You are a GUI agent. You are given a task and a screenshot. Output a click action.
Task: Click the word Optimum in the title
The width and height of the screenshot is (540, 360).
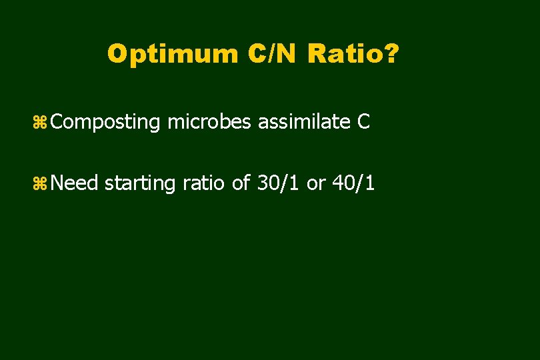click(x=173, y=54)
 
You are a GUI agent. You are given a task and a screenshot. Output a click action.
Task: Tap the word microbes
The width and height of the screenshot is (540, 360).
click(x=211, y=122)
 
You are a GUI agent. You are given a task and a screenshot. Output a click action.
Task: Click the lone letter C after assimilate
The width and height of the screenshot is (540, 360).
click(x=363, y=122)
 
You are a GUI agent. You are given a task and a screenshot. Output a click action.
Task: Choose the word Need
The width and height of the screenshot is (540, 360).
click(x=75, y=183)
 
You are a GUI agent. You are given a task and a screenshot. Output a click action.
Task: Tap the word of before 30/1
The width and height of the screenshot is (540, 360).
click(x=241, y=183)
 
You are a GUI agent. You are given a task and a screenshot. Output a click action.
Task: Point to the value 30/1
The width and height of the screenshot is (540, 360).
click(x=278, y=183)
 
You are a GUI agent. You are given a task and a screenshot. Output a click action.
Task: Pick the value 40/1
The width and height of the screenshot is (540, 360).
click(x=353, y=183)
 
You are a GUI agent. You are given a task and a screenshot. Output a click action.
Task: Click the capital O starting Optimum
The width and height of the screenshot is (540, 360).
click(x=117, y=54)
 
